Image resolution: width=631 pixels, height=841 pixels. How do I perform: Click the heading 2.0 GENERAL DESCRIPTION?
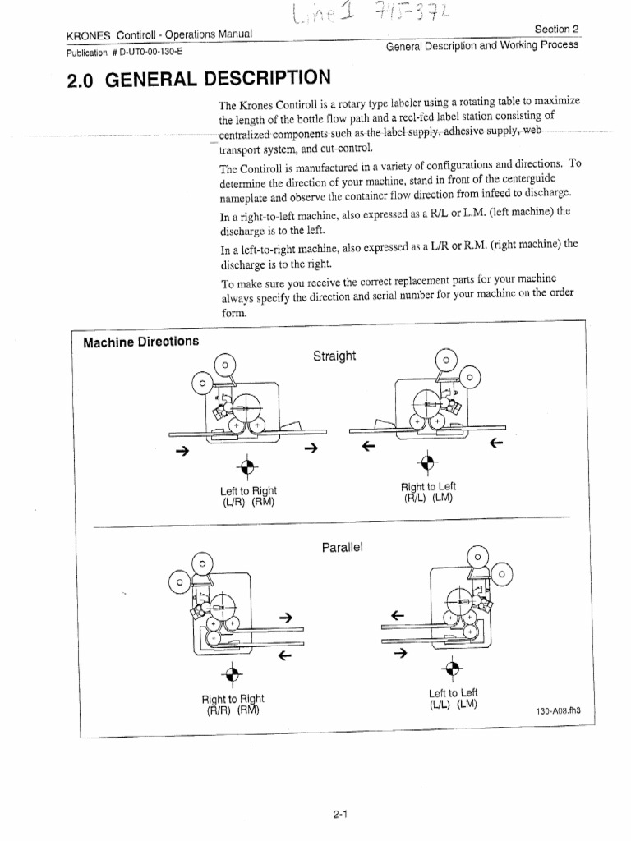click(x=196, y=80)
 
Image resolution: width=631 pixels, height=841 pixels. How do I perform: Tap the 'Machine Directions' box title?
click(x=140, y=341)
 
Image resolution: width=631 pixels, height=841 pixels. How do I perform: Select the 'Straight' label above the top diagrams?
click(x=334, y=356)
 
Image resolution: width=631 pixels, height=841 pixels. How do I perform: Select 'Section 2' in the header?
click(x=556, y=29)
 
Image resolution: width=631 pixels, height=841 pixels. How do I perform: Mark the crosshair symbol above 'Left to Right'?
click(x=245, y=466)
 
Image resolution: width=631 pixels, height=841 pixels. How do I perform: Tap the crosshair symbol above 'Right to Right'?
click(x=233, y=675)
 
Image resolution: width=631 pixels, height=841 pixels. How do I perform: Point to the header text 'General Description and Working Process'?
click(x=481, y=45)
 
